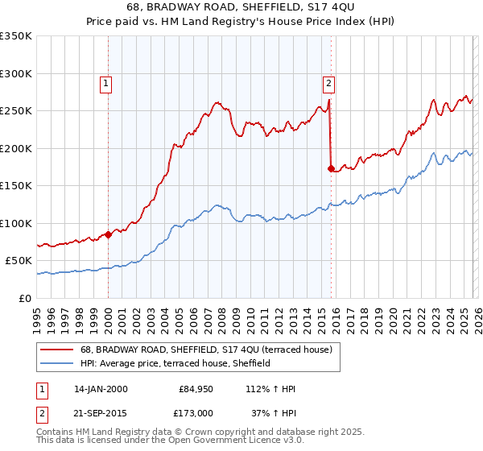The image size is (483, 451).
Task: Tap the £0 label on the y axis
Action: click(x=24, y=298)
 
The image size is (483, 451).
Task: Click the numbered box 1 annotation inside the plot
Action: click(x=107, y=81)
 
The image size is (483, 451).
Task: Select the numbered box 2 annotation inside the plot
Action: click(x=329, y=81)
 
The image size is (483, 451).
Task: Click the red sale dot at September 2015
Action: click(x=331, y=168)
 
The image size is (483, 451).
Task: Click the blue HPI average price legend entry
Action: click(x=175, y=363)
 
